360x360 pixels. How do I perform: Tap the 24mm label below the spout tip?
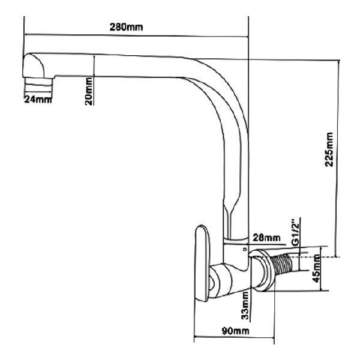click(37, 99)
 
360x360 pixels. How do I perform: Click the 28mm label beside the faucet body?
click(268, 239)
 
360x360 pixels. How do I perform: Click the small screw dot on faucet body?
click(244, 247)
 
